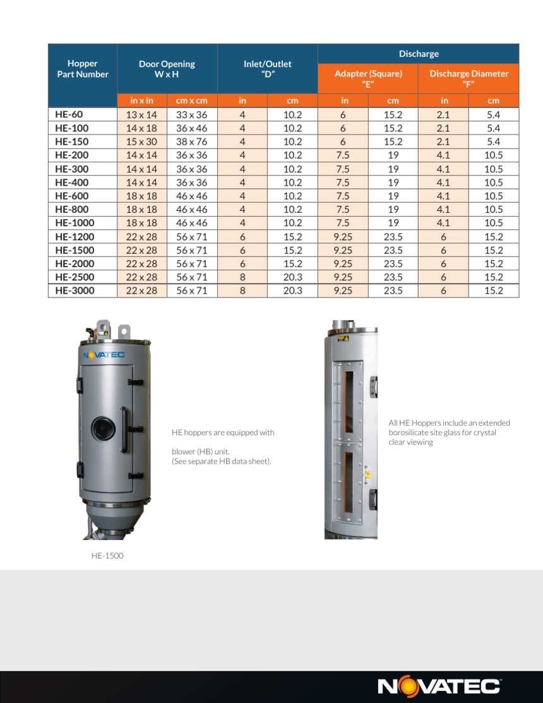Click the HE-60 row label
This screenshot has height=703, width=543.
pyautogui.click(x=69, y=114)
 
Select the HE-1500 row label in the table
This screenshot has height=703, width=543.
pyautogui.click(x=75, y=250)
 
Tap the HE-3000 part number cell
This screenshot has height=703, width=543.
pyautogui.click(x=75, y=291)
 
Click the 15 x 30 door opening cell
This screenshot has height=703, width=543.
pyautogui.click(x=141, y=141)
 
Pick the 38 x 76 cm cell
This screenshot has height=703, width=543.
pyautogui.click(x=192, y=141)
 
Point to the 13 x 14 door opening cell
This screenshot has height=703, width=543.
pyautogui.click(x=141, y=114)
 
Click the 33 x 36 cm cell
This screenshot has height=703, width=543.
pyautogui.click(x=192, y=114)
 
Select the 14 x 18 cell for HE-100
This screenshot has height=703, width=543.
pyautogui.click(x=141, y=128)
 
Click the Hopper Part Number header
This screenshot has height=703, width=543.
pyautogui.click(x=83, y=69)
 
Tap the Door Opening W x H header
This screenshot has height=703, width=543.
pyautogui.click(x=167, y=69)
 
